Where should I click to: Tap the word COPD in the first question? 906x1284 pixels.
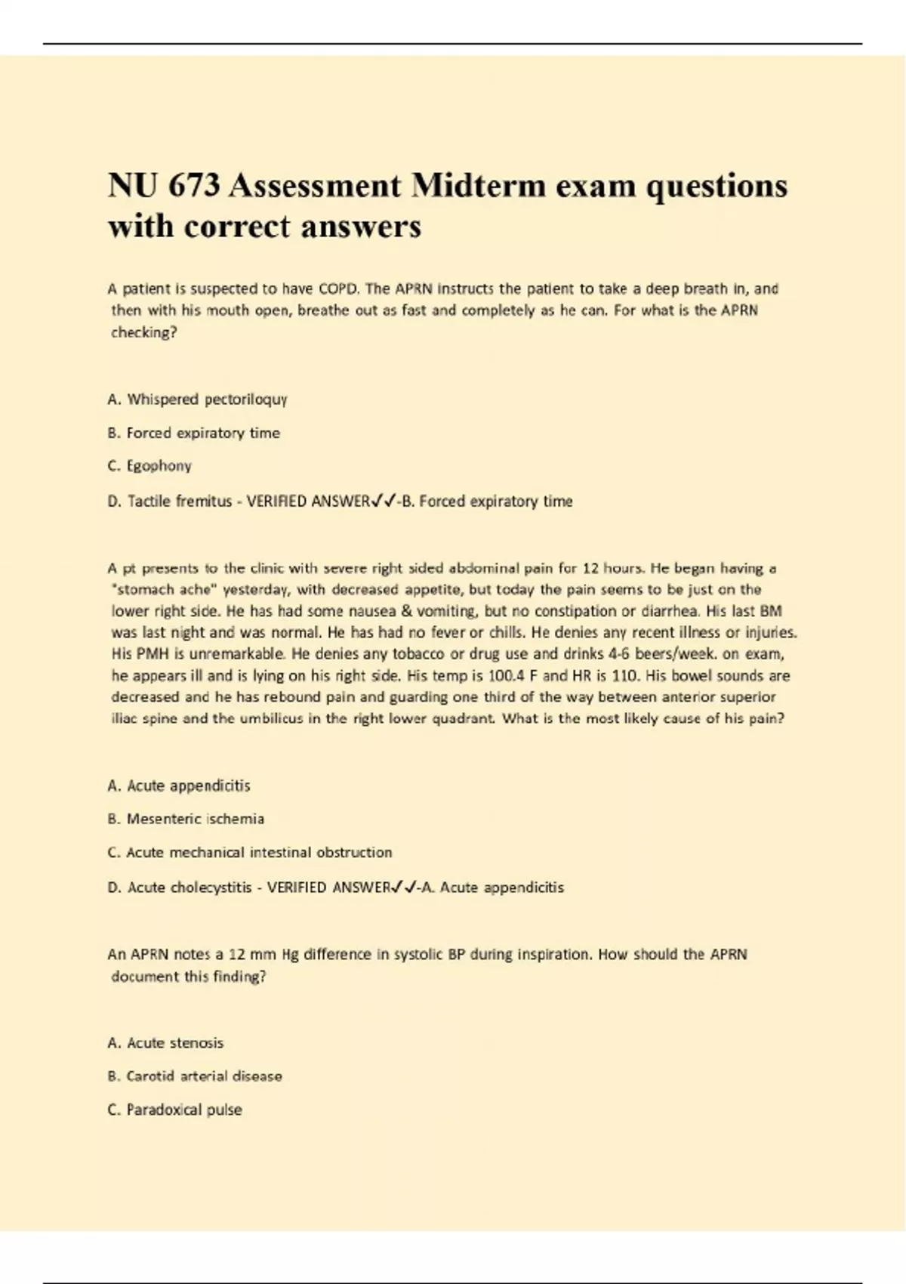[x=339, y=289]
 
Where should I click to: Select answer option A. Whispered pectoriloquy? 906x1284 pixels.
[x=197, y=399]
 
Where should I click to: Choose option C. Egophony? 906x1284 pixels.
[x=149, y=466]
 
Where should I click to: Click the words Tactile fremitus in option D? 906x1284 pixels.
[x=180, y=502]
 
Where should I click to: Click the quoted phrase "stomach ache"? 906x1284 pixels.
[x=154, y=589]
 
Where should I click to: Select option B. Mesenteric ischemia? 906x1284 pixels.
[x=186, y=819]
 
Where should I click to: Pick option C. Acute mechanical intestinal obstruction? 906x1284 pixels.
[x=250, y=853]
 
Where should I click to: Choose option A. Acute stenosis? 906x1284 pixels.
[x=165, y=1043]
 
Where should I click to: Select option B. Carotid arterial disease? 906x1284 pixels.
[x=195, y=1076]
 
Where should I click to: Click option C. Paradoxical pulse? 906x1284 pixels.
[x=175, y=1110]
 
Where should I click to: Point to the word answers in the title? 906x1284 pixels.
[x=360, y=226]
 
